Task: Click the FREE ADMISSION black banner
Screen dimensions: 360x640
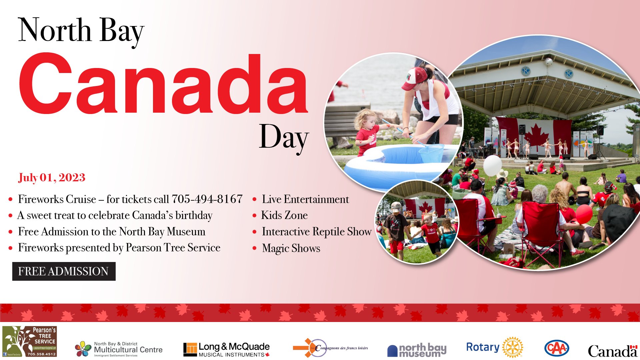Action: tap(64, 271)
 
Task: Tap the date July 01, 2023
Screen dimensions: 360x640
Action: tap(52, 177)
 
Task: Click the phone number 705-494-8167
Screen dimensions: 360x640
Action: tap(207, 199)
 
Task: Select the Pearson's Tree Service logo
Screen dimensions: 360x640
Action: tap(30, 341)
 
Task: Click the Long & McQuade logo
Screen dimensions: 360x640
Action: tap(226, 349)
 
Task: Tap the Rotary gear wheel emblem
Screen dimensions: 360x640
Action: tap(513, 347)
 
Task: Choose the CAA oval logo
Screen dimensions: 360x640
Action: tap(556, 348)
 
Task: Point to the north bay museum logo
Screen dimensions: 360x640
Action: tap(417, 350)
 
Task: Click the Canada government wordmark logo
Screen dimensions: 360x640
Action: tap(612, 351)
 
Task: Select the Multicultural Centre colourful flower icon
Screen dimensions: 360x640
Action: tap(83, 349)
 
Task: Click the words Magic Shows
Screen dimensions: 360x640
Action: tap(291, 248)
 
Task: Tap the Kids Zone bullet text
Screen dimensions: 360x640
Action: tap(284, 215)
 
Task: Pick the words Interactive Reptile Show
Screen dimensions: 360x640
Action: tap(316, 232)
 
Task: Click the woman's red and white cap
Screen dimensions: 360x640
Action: tap(414, 78)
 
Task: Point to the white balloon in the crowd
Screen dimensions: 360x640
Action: tap(492, 165)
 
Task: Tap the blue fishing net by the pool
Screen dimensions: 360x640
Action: tap(431, 152)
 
